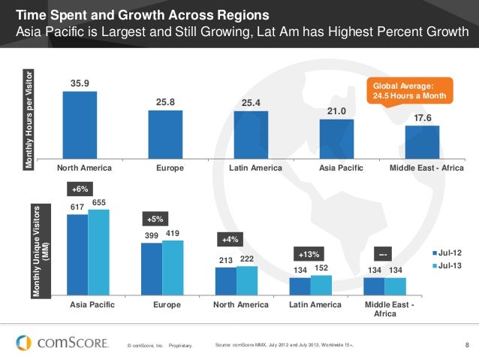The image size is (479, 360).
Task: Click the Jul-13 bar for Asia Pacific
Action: [98, 253]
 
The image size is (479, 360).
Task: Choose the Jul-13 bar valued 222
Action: [247, 281]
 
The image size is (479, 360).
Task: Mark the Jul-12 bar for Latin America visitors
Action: [300, 286]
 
